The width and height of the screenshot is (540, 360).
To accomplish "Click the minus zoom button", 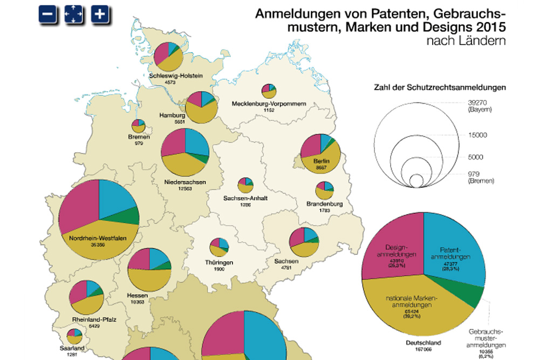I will [47, 15].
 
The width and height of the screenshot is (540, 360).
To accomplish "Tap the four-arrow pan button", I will [73, 15].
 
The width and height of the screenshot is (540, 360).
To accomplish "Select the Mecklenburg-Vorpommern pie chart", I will [268, 91].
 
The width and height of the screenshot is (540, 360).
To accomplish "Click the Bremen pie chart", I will [139, 126].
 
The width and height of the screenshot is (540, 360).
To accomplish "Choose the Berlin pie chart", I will [320, 154].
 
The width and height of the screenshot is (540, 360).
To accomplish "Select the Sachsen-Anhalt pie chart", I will [245, 185].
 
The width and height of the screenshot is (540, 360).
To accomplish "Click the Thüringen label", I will [219, 262].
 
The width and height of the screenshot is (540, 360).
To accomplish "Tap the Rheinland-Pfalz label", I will [94, 320].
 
